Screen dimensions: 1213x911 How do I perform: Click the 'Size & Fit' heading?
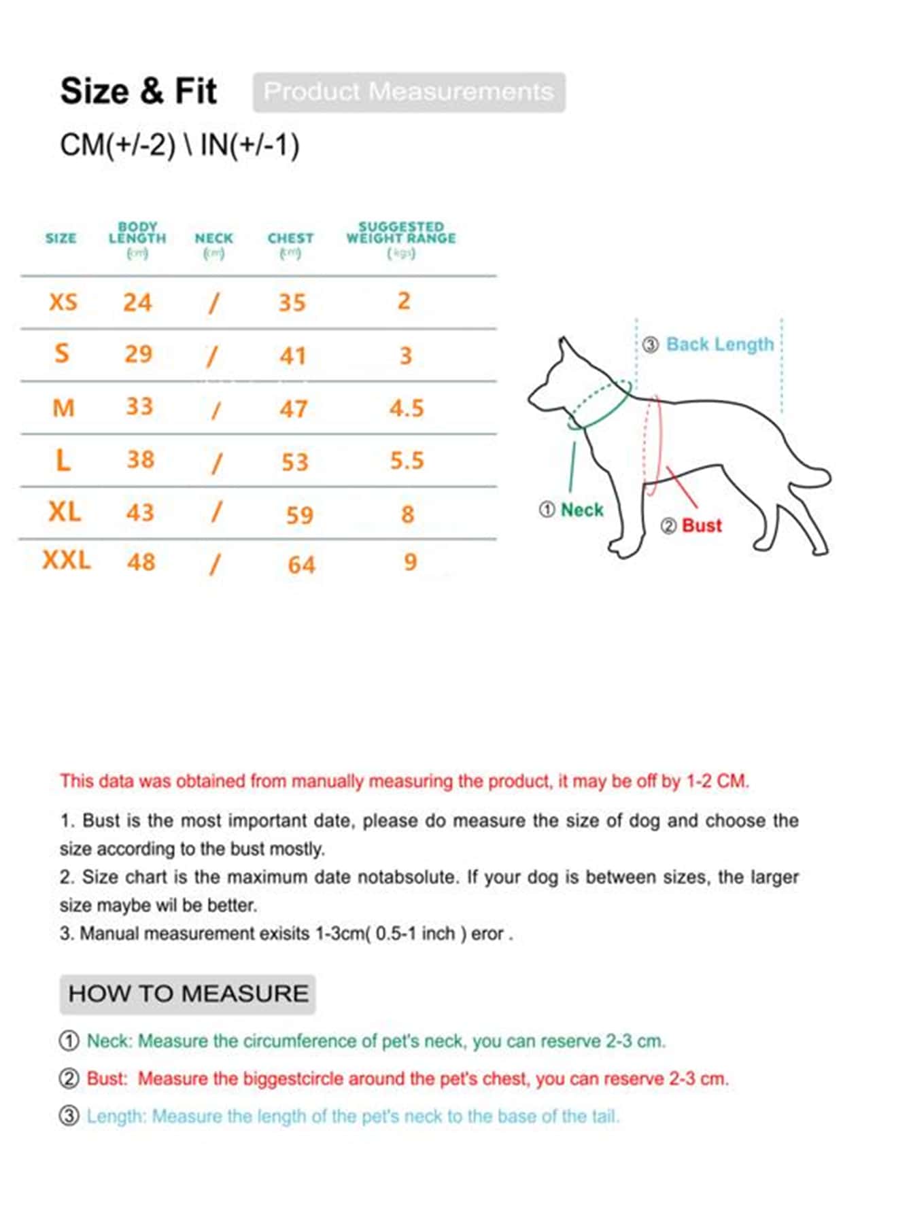coord(139,91)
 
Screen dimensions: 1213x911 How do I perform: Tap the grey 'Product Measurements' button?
coord(409,92)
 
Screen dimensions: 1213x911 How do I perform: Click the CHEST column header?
coord(290,239)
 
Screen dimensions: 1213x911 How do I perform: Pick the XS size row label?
coord(63,302)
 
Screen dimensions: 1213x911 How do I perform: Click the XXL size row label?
coord(67,561)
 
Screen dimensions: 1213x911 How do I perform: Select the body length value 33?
coord(139,406)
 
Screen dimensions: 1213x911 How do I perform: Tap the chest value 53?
coord(295,462)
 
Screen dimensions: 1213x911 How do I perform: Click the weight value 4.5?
coord(407,408)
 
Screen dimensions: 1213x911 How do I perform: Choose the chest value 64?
coord(301,565)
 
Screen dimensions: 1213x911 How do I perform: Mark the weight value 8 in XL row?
coord(407,514)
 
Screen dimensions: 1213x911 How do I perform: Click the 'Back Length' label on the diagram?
coord(719,345)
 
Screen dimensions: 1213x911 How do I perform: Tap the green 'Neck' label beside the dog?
coord(582,510)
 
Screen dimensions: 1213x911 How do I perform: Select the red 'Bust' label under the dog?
coord(702,525)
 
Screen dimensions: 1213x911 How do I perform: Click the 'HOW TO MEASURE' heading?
coord(188,994)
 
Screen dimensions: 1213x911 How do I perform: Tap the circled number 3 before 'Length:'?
coord(69,1116)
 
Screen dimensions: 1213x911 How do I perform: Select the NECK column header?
coord(213,239)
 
